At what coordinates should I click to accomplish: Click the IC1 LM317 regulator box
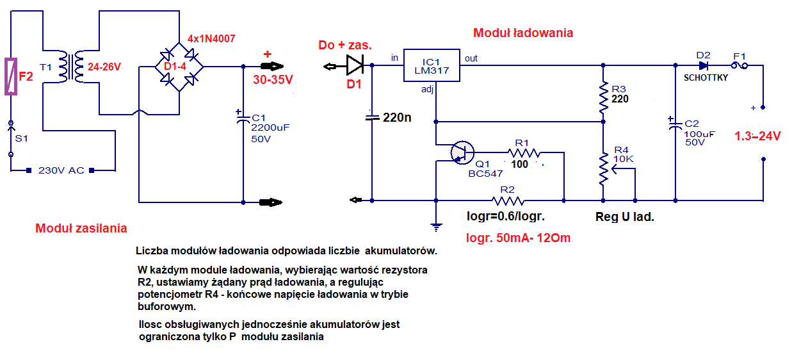click(432, 65)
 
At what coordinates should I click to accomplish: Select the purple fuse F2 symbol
click(11, 77)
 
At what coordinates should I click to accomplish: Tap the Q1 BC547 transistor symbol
click(462, 152)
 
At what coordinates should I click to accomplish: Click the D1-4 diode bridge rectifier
click(179, 67)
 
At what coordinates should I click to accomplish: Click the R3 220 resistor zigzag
click(604, 97)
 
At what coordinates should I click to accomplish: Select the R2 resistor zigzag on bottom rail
click(508, 201)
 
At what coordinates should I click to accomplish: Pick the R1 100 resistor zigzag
click(524, 152)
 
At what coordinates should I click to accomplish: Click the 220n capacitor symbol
click(372, 118)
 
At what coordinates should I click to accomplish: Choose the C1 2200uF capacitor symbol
click(243, 117)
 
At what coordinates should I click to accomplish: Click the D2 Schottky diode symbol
click(703, 66)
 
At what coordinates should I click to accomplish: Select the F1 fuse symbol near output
click(739, 65)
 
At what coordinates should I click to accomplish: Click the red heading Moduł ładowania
click(523, 33)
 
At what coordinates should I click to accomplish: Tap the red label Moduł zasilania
click(81, 228)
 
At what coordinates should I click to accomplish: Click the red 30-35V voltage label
click(273, 80)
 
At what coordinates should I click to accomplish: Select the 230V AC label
click(61, 170)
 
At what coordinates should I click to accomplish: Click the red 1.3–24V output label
click(757, 136)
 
